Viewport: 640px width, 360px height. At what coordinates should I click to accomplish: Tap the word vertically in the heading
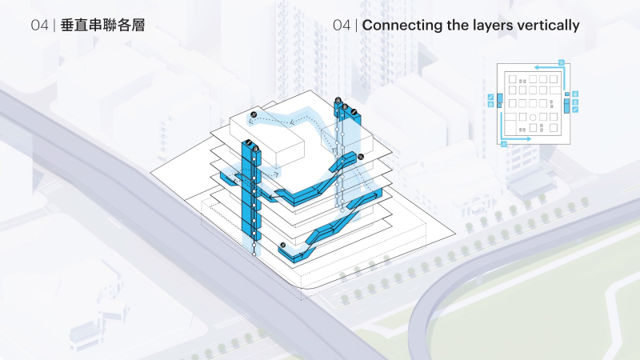coord(549,26)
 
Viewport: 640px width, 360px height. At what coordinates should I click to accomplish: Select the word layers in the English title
coord(490,26)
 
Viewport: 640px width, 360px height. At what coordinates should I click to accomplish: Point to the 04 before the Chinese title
coord(40,26)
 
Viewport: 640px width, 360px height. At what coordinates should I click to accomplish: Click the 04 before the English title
coord(342,26)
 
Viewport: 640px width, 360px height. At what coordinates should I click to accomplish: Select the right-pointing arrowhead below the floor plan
coord(529,139)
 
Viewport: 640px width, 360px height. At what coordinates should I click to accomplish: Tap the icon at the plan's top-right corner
coord(562,62)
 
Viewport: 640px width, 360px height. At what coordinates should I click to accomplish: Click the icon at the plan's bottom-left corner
coord(503,145)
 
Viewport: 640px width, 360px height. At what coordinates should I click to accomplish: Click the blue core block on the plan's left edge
coord(500,99)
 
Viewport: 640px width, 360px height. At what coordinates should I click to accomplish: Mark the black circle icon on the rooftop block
coord(254,116)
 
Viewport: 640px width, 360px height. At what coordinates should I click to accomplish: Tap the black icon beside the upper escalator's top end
coord(360,156)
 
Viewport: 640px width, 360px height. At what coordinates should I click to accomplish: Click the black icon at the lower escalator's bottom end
coord(283,244)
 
